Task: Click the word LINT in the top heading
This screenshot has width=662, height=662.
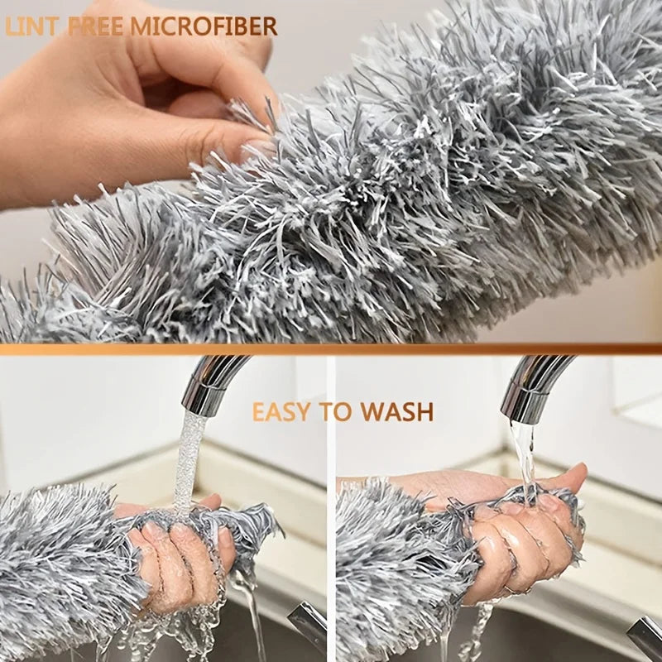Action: click(32, 26)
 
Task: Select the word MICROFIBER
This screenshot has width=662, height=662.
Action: click(213, 26)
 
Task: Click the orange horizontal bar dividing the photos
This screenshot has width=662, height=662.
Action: click(331, 349)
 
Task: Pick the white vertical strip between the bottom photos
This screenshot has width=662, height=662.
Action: click(331, 513)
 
